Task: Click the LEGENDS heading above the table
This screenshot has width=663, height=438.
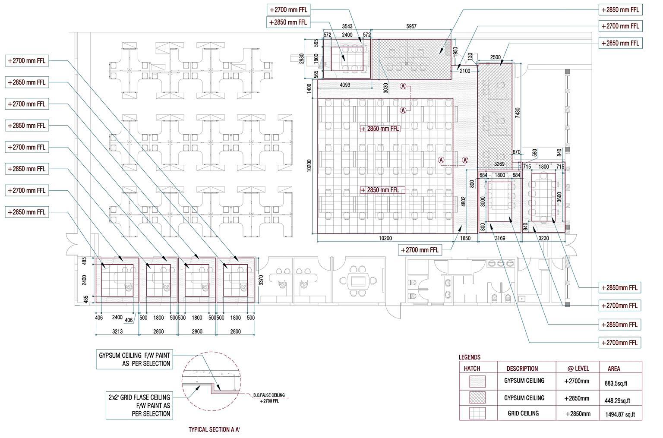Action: (469, 357)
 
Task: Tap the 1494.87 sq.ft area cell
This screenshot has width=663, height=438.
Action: (620, 415)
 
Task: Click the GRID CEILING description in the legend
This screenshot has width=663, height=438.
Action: (523, 413)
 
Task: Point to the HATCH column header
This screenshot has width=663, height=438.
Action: (472, 369)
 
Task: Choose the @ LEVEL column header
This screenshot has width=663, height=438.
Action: (578, 369)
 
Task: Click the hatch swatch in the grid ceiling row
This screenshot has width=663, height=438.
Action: (477, 413)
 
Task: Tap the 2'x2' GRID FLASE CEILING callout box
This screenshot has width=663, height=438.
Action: (139, 406)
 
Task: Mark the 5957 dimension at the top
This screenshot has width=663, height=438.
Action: (411, 26)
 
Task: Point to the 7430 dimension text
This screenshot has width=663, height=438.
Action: (518, 113)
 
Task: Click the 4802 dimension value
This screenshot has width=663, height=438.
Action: (464, 203)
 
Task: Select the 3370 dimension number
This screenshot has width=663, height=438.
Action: (261, 281)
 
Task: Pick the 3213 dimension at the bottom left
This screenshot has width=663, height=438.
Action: (117, 331)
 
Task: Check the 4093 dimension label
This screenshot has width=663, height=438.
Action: (345, 85)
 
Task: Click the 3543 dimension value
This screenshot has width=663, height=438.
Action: (347, 26)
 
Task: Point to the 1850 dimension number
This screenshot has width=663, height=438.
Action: (465, 238)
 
